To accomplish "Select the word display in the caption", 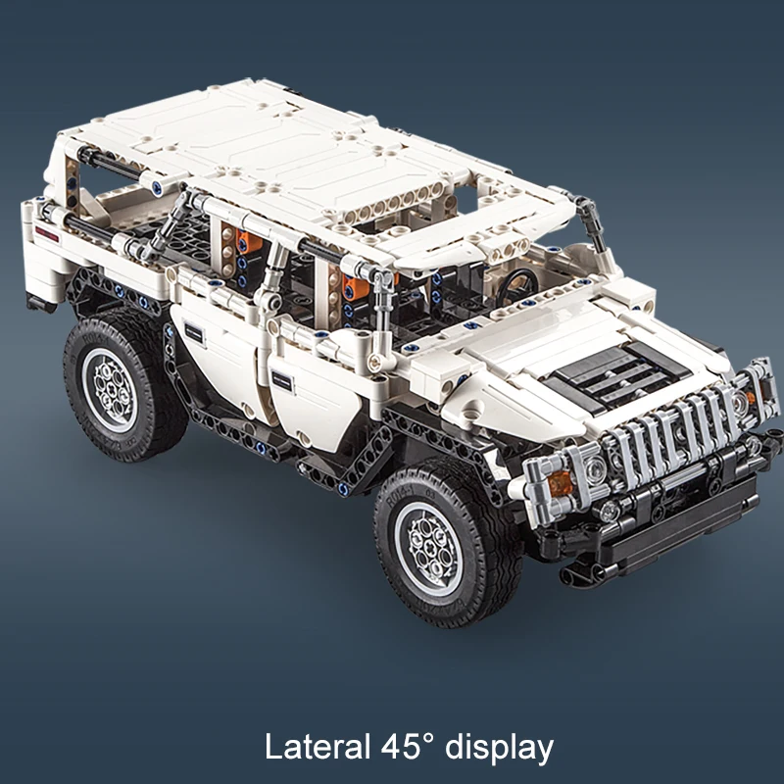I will coord(501,747).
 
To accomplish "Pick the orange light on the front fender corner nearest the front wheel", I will coord(561,482).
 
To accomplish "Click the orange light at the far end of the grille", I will coord(750,397).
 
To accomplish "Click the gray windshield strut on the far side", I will coord(592,220).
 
